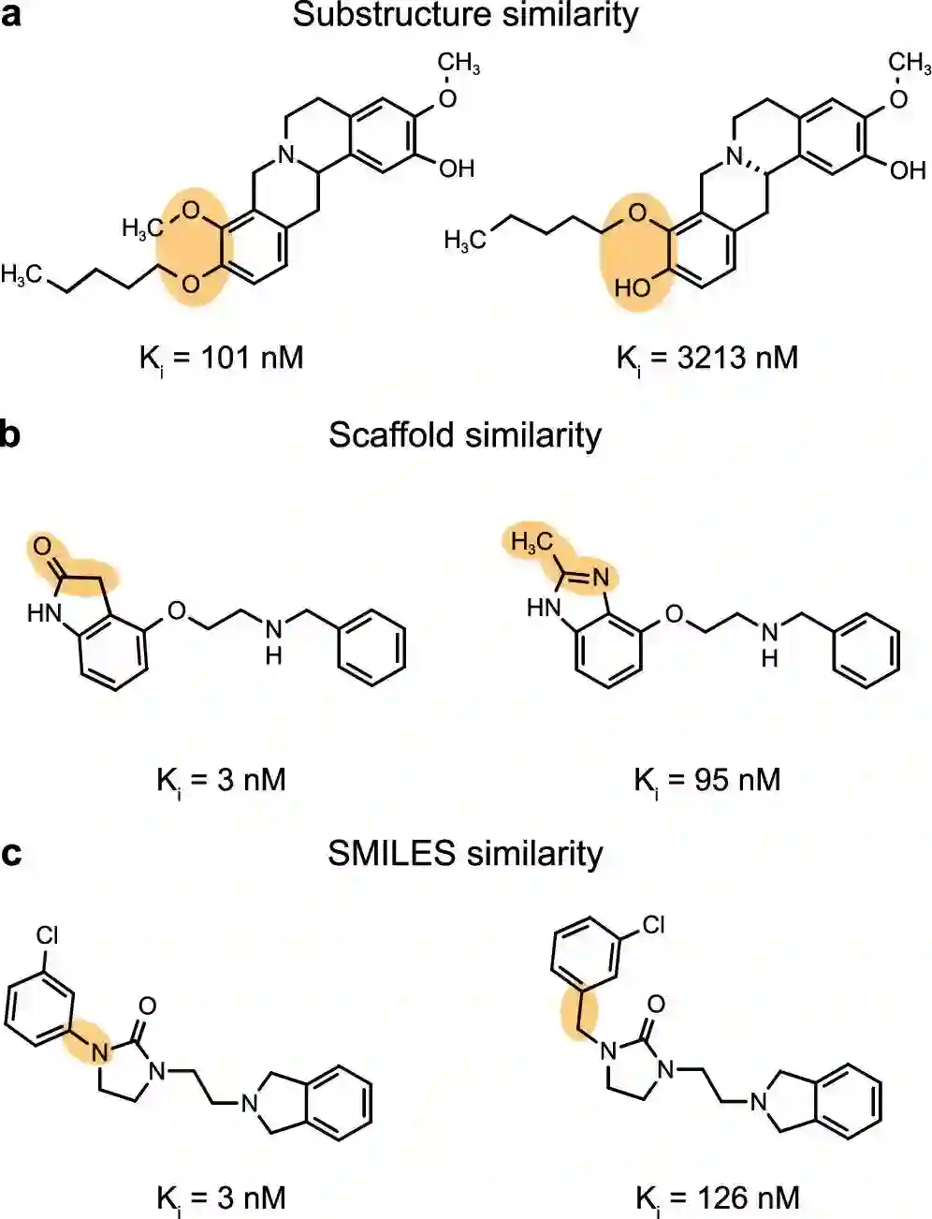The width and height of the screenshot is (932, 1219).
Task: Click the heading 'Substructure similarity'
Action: (x=465, y=16)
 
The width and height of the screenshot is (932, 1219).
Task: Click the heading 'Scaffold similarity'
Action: (x=465, y=435)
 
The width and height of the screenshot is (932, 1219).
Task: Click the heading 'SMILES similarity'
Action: (x=465, y=854)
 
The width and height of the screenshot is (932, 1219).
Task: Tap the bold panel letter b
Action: (x=11, y=435)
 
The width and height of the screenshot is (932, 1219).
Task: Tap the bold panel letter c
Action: (x=11, y=854)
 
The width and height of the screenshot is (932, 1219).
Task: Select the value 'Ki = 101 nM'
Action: (x=222, y=358)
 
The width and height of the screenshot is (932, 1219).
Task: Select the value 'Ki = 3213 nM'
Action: (x=707, y=358)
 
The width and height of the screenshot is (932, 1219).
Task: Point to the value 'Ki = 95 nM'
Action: (x=707, y=780)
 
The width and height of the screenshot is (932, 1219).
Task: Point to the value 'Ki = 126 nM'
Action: (x=717, y=1197)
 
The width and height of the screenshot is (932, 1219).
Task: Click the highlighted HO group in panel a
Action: (x=633, y=287)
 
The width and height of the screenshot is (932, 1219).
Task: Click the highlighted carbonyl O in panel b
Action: (x=42, y=545)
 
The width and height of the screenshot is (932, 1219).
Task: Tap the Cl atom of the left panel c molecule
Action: (x=48, y=934)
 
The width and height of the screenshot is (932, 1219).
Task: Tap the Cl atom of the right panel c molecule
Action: (x=653, y=925)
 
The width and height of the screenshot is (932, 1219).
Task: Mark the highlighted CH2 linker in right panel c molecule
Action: (x=572, y=1012)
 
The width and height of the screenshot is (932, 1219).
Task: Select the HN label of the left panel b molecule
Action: (x=43, y=613)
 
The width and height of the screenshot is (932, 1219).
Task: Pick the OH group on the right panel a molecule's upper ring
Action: (x=906, y=170)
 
